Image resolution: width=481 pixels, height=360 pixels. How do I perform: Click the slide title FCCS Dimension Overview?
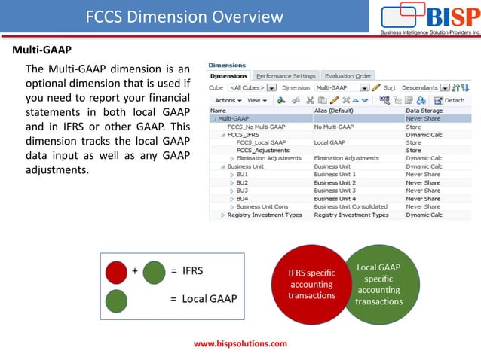[x=184, y=17]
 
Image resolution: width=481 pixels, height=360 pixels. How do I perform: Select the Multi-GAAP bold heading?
[x=41, y=50]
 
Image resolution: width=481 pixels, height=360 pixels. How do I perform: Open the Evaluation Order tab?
[x=348, y=76]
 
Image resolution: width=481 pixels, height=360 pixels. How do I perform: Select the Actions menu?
[x=228, y=100]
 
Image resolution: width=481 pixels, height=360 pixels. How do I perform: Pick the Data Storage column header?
[x=424, y=111]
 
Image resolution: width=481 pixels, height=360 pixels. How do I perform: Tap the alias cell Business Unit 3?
[x=335, y=191]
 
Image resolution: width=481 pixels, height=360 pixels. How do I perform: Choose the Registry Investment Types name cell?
[x=265, y=215]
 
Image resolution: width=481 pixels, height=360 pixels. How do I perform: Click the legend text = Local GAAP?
[x=203, y=299]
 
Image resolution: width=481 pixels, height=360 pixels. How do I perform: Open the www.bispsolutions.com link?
[x=240, y=343]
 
